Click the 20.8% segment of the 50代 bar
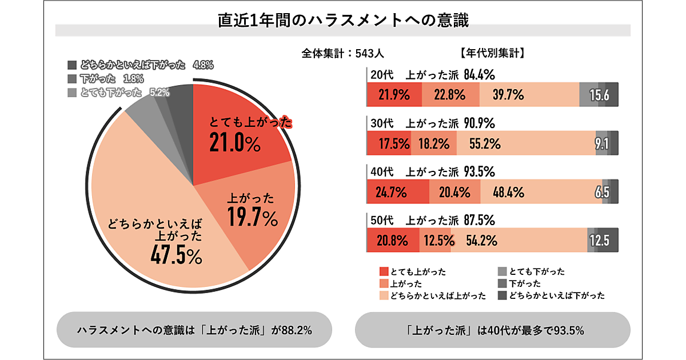(x=392, y=241)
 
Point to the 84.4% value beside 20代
(x=479, y=75)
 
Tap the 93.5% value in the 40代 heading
(x=479, y=171)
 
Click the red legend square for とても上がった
(x=383, y=272)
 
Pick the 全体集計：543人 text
(x=342, y=54)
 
